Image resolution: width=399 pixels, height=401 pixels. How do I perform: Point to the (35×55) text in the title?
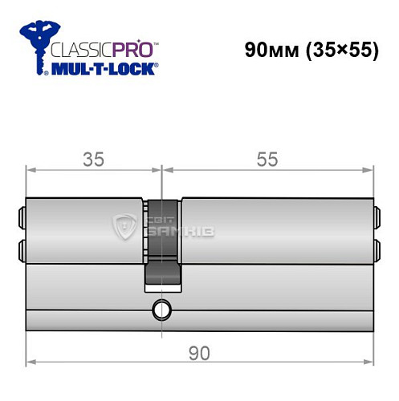[x=341, y=50]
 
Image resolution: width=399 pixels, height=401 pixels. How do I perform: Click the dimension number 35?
[x=95, y=160]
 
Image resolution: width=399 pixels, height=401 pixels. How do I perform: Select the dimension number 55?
[x=267, y=160]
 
